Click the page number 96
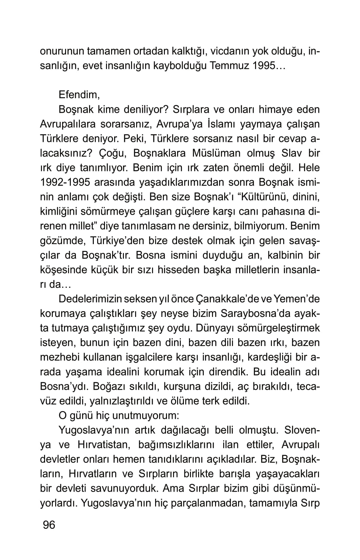pos(49,525)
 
